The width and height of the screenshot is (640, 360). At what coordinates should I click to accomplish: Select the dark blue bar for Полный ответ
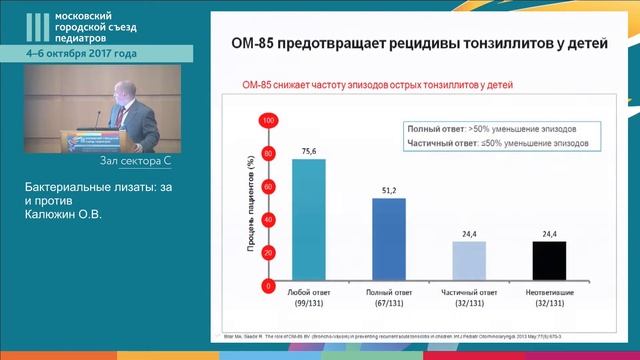pyautogui.click(x=388, y=240)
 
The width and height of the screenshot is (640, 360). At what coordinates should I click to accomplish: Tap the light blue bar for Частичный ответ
pyautogui.click(x=468, y=262)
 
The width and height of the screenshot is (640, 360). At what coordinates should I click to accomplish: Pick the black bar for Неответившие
pyautogui.click(x=548, y=262)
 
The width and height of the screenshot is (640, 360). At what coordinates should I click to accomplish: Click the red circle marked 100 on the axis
pyautogui.click(x=267, y=121)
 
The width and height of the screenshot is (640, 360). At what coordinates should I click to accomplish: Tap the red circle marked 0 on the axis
pyautogui.click(x=267, y=286)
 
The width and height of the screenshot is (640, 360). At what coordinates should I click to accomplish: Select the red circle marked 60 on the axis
pyautogui.click(x=267, y=187)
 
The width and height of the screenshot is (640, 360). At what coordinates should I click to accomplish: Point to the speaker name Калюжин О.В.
pyautogui.click(x=67, y=212)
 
